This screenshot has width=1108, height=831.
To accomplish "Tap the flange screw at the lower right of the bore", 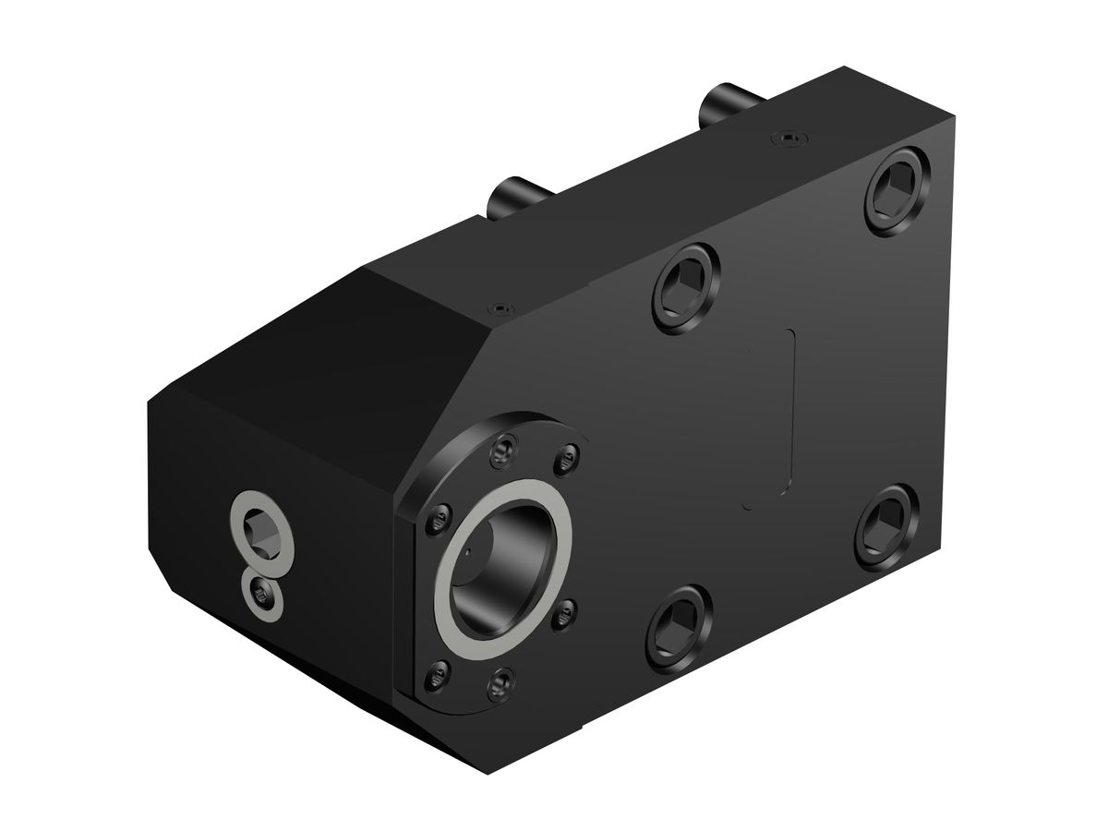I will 567,609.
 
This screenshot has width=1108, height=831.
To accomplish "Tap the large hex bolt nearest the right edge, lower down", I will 887,526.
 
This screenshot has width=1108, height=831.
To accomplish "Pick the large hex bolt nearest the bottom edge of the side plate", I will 679,628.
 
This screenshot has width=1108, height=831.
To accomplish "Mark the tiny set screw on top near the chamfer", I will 500,306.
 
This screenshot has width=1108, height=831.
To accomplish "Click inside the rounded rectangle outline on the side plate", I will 771,415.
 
